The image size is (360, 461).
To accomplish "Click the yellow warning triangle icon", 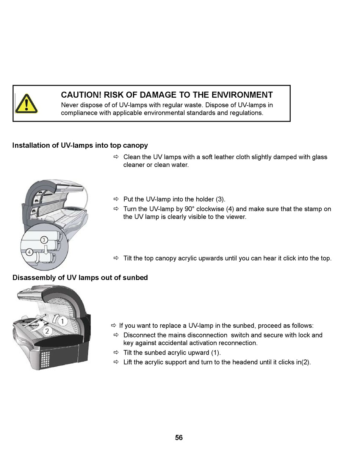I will click(26, 103).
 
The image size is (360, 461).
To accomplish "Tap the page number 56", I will click(179, 438).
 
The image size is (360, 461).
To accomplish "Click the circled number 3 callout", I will click(44, 240).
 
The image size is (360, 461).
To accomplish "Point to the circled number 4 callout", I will click(30, 252).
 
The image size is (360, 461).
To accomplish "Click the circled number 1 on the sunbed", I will click(63, 321).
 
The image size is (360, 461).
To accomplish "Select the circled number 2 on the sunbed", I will click(47, 331).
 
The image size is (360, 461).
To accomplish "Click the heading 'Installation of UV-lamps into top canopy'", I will click(80, 145).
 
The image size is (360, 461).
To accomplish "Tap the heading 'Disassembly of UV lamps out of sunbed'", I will click(80, 278).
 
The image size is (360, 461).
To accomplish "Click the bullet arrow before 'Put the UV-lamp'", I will click(116, 199).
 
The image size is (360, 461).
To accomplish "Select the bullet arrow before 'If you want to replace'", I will click(113, 325).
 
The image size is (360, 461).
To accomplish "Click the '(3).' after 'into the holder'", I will click(220, 199).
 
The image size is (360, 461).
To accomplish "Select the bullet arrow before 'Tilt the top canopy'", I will click(116, 258).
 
